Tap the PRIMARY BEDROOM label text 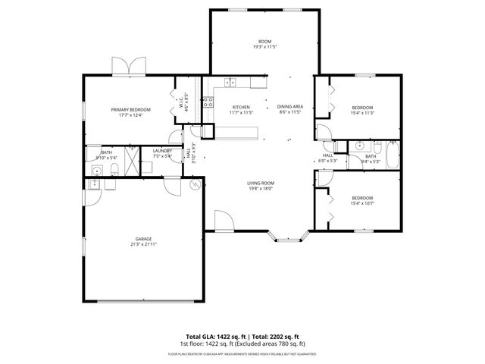(131, 110)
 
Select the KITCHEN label (241, 107)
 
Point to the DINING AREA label (290, 107)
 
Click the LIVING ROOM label (260, 183)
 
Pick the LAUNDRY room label (162, 151)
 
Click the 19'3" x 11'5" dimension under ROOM (264, 47)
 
